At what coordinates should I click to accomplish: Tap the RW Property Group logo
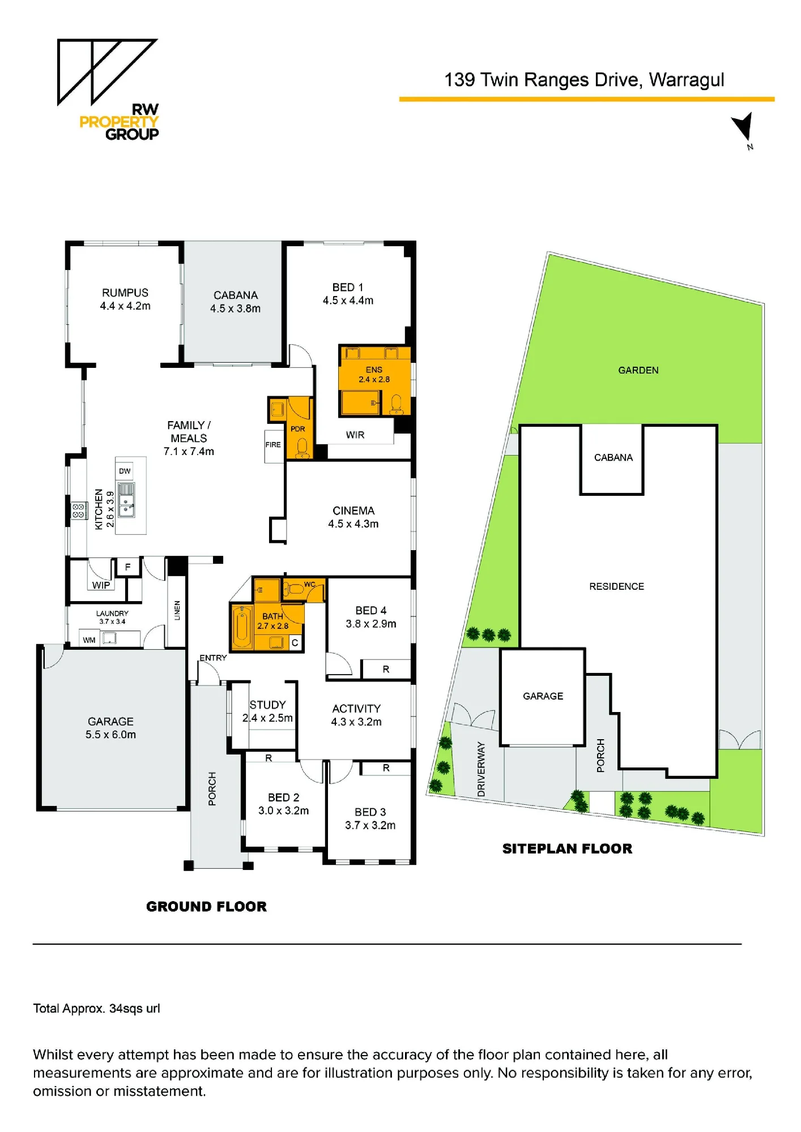pos(108,89)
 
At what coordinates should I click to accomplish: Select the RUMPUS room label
pos(125,293)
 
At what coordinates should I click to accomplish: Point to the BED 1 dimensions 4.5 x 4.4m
pos(348,301)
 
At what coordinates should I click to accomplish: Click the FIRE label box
pos(273,445)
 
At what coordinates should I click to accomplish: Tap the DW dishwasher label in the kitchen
pos(125,471)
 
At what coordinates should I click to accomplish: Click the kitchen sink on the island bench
pos(126,500)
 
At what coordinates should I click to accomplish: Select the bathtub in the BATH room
pos(242,627)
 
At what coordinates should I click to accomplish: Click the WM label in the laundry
pos(89,640)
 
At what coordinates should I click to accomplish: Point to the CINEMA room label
pos(353,511)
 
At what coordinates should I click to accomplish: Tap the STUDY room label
pos(268,705)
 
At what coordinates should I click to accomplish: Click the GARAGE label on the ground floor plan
pos(111,722)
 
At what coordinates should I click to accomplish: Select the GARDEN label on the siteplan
pos(638,370)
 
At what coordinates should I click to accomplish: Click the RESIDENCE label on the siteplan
pos(617,586)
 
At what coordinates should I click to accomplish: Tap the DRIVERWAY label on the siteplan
pos(482,769)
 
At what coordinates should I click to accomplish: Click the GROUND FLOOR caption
pos(206,907)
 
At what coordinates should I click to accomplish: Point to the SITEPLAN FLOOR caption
pos(568,848)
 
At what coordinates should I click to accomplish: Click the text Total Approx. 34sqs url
pos(97,1009)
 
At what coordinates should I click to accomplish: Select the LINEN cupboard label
pos(177,610)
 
